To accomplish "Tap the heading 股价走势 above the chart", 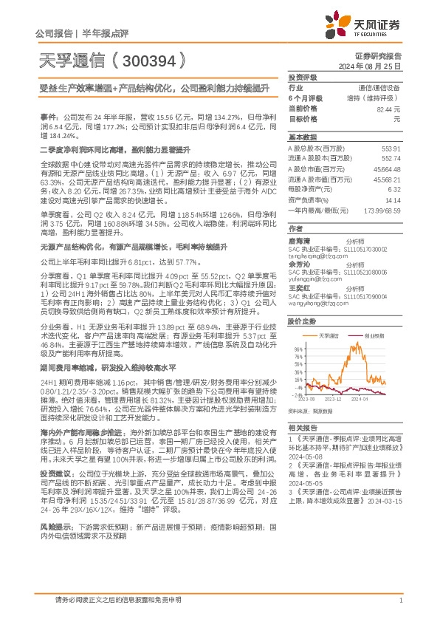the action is point(301,322).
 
